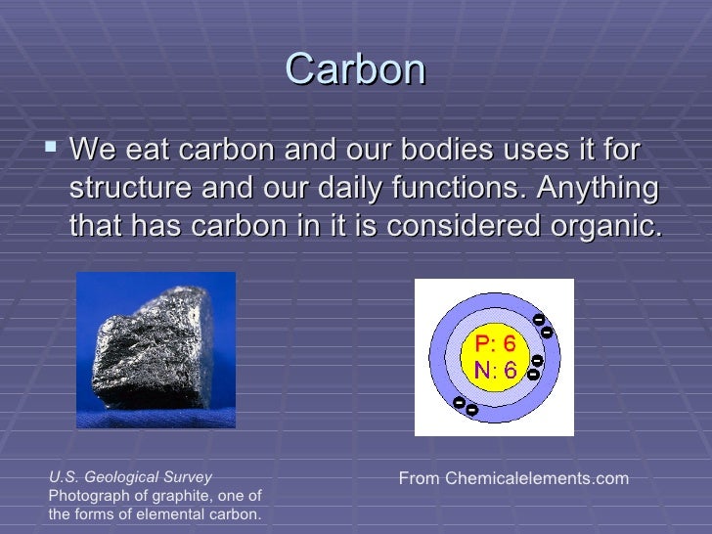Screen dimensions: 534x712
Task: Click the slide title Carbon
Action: coord(356,69)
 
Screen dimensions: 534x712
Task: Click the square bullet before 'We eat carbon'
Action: coord(52,152)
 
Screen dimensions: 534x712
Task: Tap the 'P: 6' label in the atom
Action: coord(496,344)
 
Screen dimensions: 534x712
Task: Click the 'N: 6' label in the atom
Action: coord(496,371)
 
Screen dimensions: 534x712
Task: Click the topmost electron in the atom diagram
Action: coord(537,320)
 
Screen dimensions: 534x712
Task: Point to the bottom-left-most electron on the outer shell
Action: coord(458,402)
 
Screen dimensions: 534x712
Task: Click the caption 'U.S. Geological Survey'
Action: coord(130,477)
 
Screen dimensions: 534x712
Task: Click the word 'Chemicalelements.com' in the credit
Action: coord(536,478)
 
